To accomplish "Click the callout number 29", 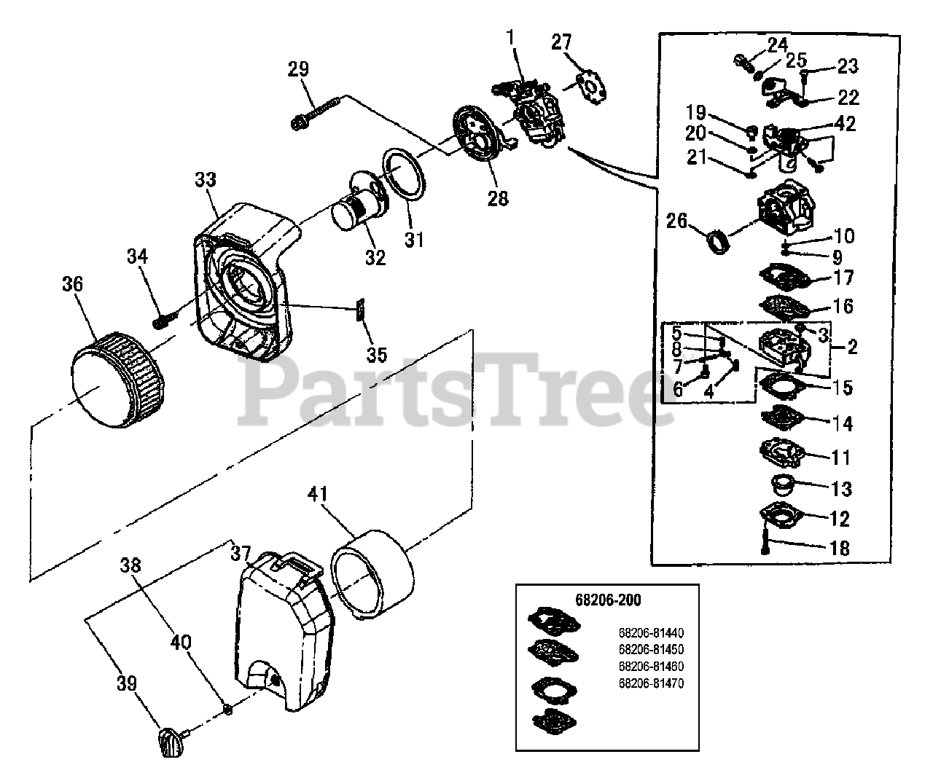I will [299, 69].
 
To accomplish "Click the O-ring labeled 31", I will [403, 174].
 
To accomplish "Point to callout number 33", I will [206, 180].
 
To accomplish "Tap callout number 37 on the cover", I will [241, 553].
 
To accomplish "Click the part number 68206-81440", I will [651, 632].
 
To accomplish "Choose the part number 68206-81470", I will [651, 683].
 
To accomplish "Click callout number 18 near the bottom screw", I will [840, 548].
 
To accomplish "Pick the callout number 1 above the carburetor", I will [511, 36].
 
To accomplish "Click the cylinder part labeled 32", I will [354, 207].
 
